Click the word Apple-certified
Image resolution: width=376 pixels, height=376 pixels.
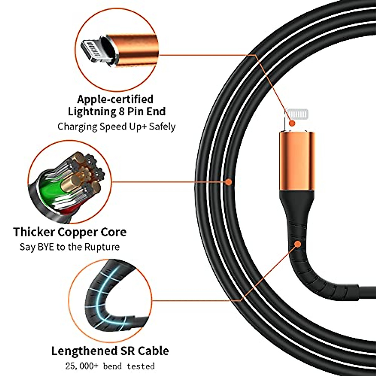coord(115,99)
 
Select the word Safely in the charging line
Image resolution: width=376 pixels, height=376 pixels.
coord(162,127)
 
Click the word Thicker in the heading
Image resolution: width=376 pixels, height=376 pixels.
coord(34,232)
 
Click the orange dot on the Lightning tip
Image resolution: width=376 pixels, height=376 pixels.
coord(292,123)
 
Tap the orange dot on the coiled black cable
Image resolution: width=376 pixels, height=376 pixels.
coord(229,181)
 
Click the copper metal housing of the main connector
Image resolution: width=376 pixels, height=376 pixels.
coord(296,161)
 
